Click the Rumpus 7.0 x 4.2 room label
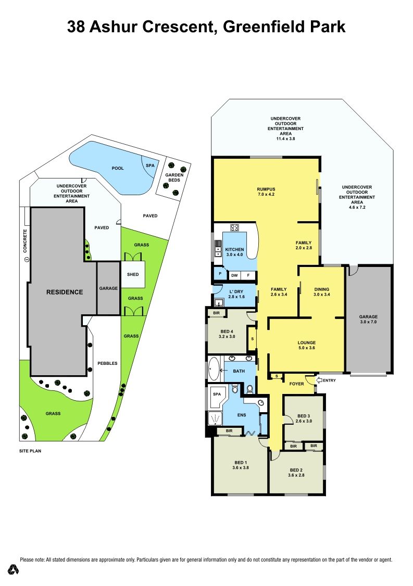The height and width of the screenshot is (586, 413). (x=266, y=192)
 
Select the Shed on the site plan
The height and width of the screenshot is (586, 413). (x=133, y=274)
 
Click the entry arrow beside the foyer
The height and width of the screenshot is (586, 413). (x=319, y=380)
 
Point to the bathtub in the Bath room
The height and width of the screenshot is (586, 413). (x=214, y=368)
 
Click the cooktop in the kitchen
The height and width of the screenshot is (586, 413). (x=235, y=227)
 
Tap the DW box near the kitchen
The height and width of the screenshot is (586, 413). (x=234, y=275)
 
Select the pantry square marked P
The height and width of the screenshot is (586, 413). (x=220, y=274)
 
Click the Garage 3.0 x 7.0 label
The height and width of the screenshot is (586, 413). (x=369, y=319)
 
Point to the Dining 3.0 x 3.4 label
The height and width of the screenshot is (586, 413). (x=322, y=292)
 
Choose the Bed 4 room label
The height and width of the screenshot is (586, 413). (x=227, y=334)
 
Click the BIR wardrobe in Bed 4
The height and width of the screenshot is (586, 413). (x=216, y=313)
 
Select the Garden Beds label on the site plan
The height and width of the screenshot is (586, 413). (x=174, y=177)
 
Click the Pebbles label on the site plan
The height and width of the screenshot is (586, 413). (x=107, y=363)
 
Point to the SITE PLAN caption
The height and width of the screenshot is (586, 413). (x=30, y=451)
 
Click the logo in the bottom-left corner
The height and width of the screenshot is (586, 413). (x=14, y=569)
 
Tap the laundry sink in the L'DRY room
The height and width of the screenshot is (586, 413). (x=219, y=303)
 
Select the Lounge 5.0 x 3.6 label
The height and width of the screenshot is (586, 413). (x=307, y=345)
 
